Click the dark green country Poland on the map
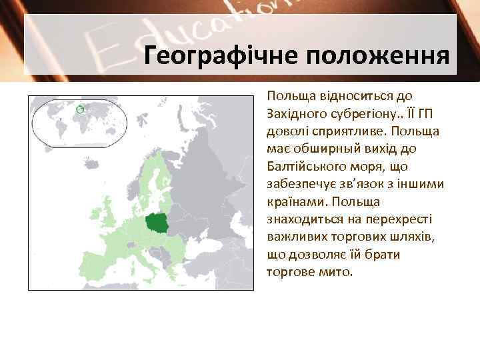click(x=157, y=224)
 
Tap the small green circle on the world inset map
click(x=80, y=109)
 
